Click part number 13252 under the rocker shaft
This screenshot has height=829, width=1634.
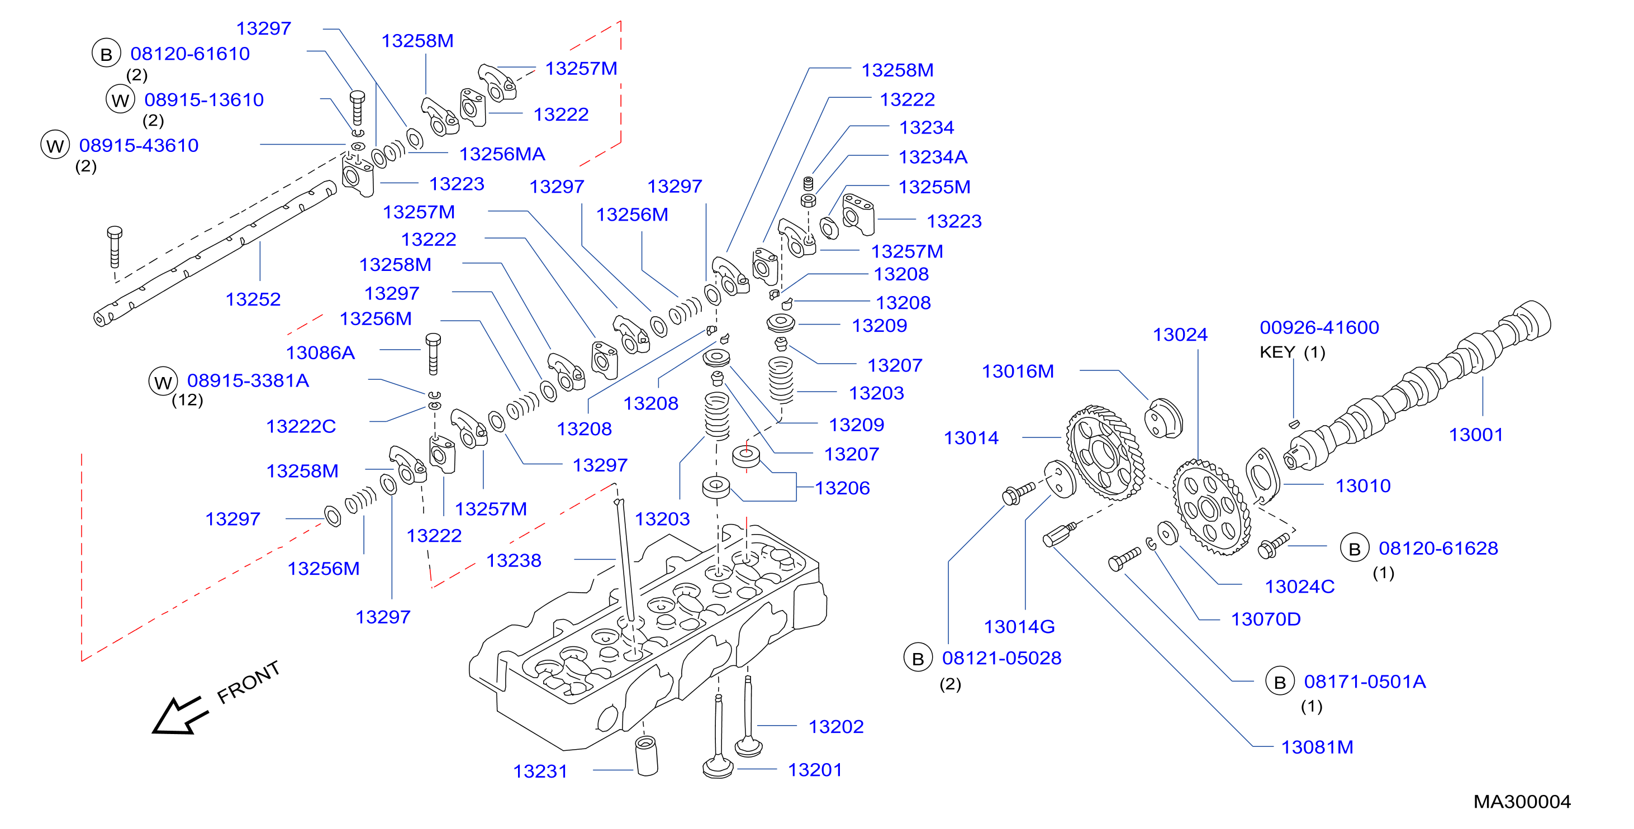coord(253,299)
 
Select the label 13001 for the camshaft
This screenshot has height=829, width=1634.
coord(1476,435)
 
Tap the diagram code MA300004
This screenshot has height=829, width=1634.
coord(1522,802)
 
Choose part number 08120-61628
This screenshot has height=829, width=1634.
coord(1438,548)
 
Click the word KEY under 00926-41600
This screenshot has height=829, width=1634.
coord(1277,352)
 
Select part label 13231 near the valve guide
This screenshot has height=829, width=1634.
coord(540,771)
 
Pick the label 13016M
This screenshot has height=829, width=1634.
coord(1018,371)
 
